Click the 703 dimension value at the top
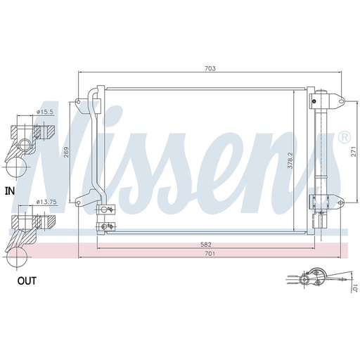210,69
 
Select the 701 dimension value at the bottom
210,253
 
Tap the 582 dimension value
206,245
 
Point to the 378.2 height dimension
290,160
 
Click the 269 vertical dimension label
66,152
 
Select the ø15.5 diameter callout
45,112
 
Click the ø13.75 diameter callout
46,202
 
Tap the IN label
10,191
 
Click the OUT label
27,281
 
